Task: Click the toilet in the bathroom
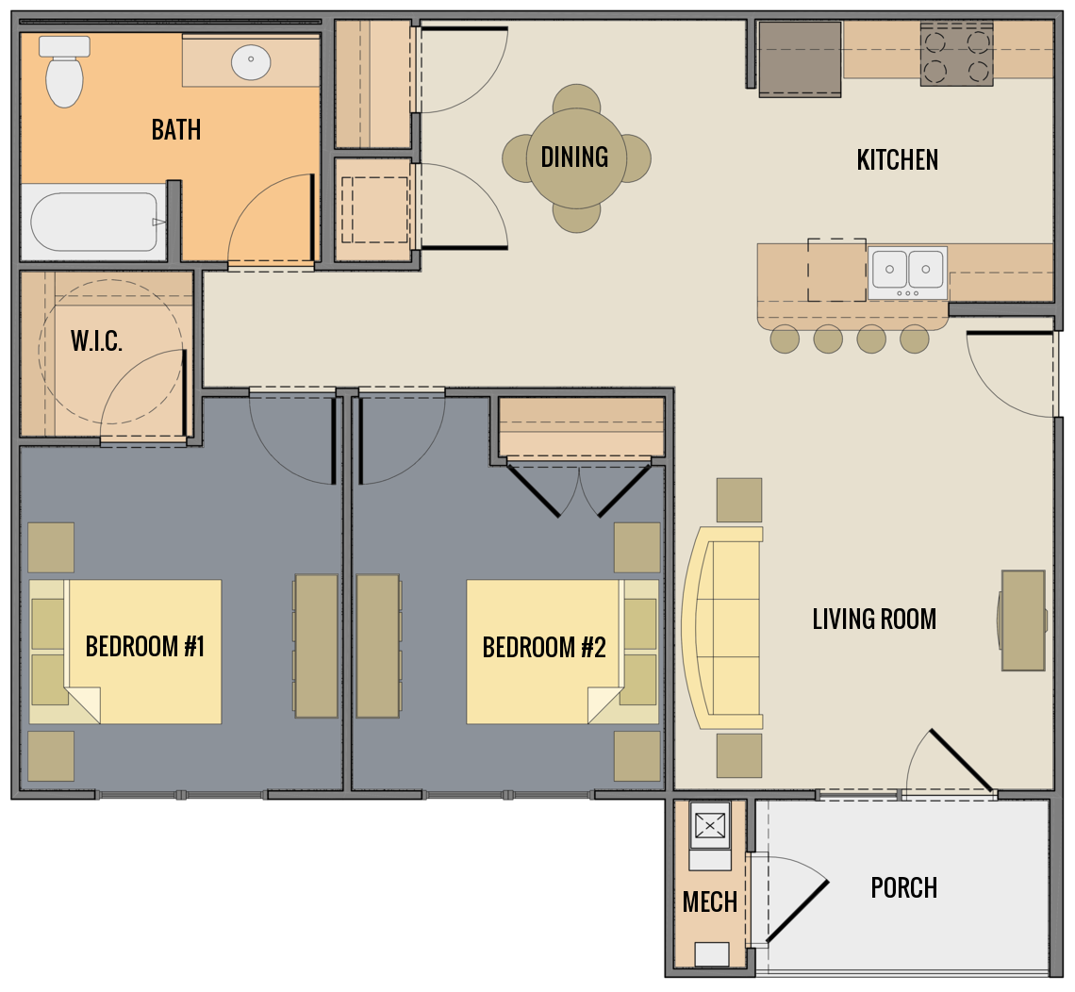[x=65, y=73]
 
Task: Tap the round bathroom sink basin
[x=252, y=62]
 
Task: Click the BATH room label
[x=176, y=129]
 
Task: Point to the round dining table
[x=575, y=157]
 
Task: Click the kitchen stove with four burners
[x=956, y=55]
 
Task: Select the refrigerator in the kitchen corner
[x=800, y=58]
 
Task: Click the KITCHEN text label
[x=897, y=160]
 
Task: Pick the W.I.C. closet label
[x=96, y=341]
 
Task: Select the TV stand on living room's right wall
[x=1023, y=620]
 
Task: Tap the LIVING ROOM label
[x=874, y=620]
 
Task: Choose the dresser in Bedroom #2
[x=378, y=646]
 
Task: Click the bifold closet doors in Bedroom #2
[x=579, y=488]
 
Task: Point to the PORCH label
[x=903, y=888]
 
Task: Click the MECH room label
[x=709, y=902]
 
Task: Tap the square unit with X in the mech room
[x=710, y=826]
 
